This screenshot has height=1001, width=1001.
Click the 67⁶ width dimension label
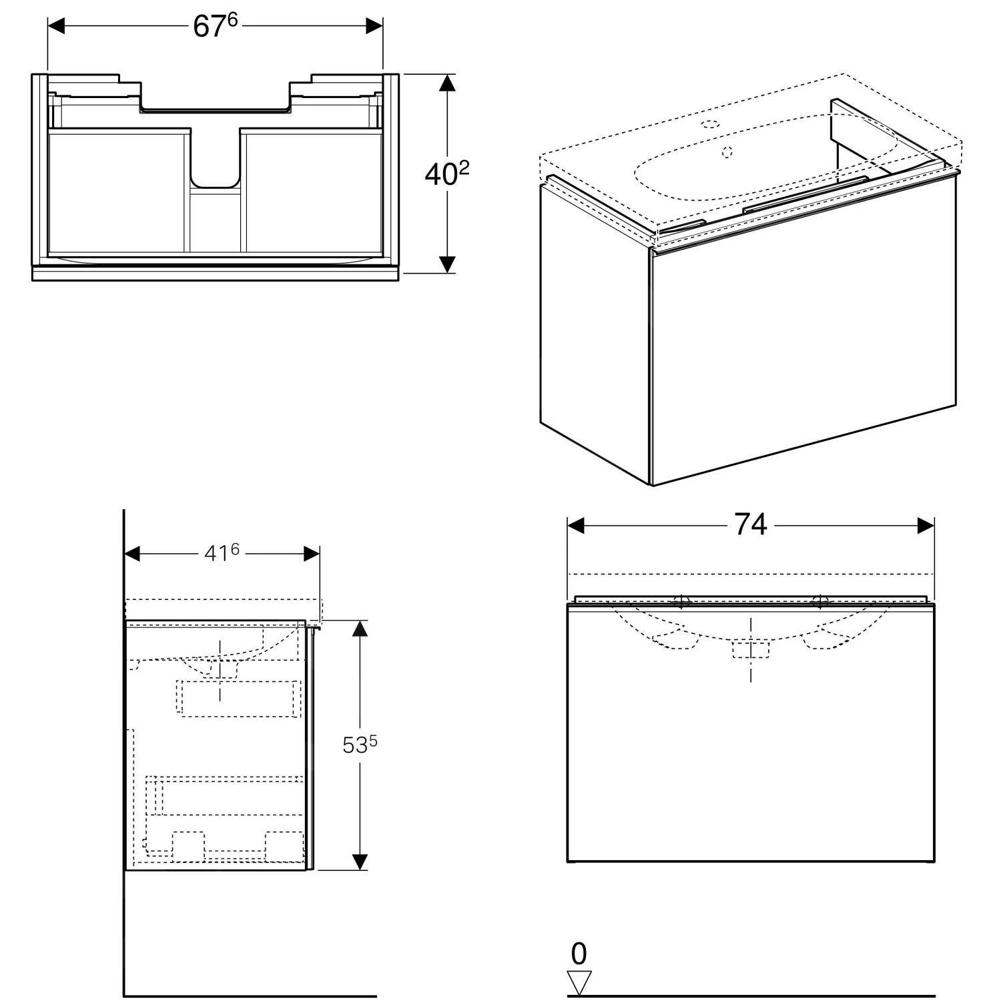coord(215,25)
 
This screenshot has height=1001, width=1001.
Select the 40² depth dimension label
coord(446,174)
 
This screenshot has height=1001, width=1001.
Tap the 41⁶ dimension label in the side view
coord(221,553)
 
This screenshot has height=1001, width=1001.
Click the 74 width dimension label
coord(751,525)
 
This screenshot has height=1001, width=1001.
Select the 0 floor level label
coord(579,954)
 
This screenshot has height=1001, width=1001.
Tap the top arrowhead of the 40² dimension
coord(447,83)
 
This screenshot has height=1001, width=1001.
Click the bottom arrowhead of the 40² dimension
coord(447,264)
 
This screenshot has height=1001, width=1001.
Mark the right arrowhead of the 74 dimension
coord(926,526)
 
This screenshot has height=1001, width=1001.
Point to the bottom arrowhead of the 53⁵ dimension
coord(360,862)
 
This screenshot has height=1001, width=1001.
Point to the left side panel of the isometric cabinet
coord(595,334)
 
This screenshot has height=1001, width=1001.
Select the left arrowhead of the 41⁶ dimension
coord(133,553)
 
